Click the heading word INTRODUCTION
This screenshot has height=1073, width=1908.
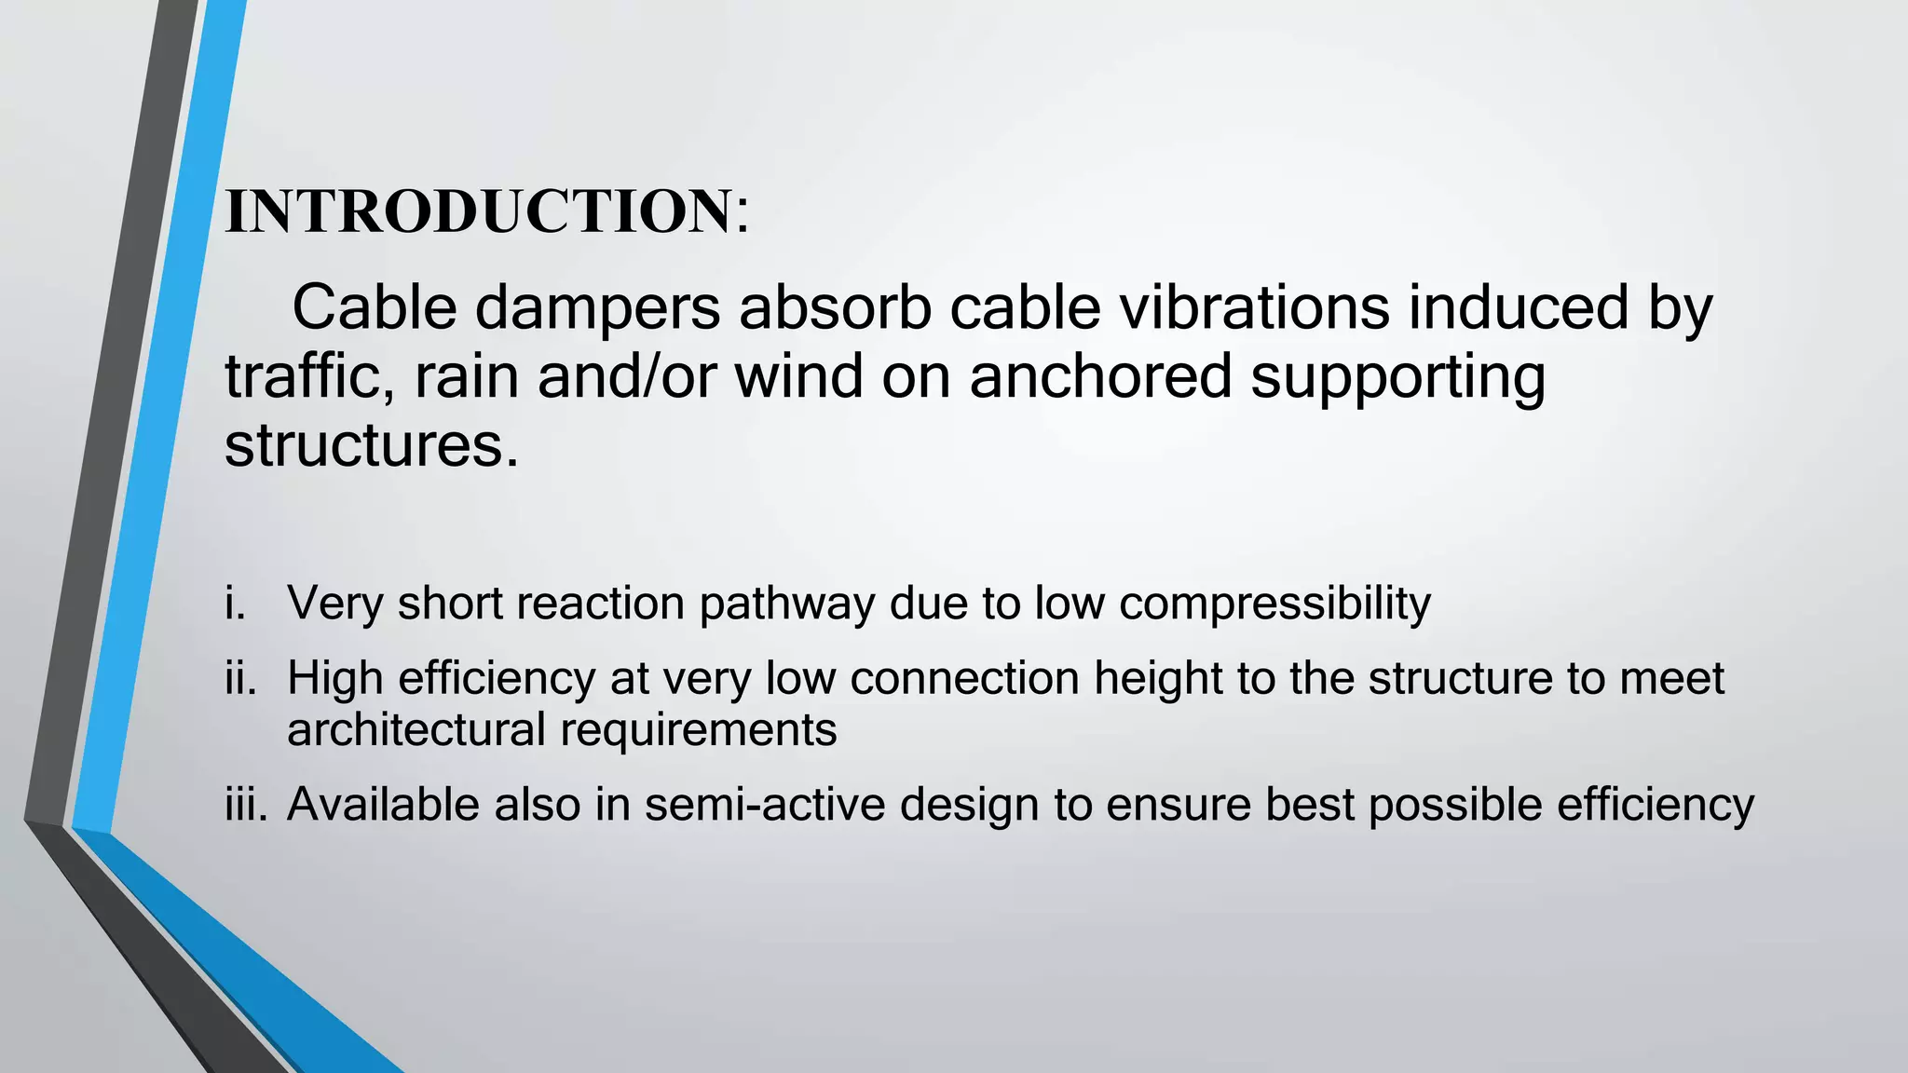click(x=478, y=211)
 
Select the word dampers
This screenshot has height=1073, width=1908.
click(x=597, y=309)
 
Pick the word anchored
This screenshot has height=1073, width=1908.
click(x=1100, y=376)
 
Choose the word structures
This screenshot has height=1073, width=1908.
click(x=370, y=445)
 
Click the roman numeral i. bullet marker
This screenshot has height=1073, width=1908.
click(x=236, y=603)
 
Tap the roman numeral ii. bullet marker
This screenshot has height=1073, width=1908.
click(x=240, y=678)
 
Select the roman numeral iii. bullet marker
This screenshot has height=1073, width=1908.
click(x=246, y=804)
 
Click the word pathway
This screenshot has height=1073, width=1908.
click(x=787, y=604)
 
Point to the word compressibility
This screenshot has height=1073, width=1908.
click(x=1274, y=604)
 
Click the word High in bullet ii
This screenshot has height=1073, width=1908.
click(x=335, y=678)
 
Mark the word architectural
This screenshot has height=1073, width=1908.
click(x=416, y=728)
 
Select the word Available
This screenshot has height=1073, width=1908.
click(x=383, y=804)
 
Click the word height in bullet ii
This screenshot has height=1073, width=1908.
click(x=1157, y=678)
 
